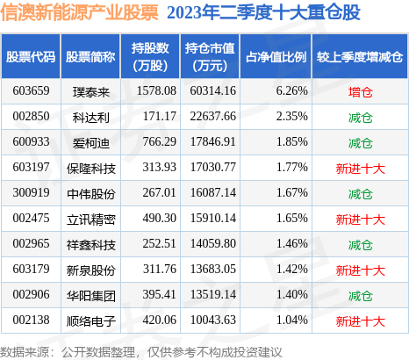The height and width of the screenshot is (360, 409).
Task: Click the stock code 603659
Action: point(30,90)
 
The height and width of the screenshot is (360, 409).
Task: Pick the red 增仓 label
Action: point(360,90)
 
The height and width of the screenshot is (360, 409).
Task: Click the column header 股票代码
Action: point(31,56)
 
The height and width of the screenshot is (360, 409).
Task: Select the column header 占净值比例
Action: point(275,56)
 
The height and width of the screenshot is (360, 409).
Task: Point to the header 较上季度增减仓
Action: point(360,56)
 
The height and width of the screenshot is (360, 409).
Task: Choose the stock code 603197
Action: point(30,167)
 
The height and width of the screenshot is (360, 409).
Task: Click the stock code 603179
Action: point(30,270)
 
